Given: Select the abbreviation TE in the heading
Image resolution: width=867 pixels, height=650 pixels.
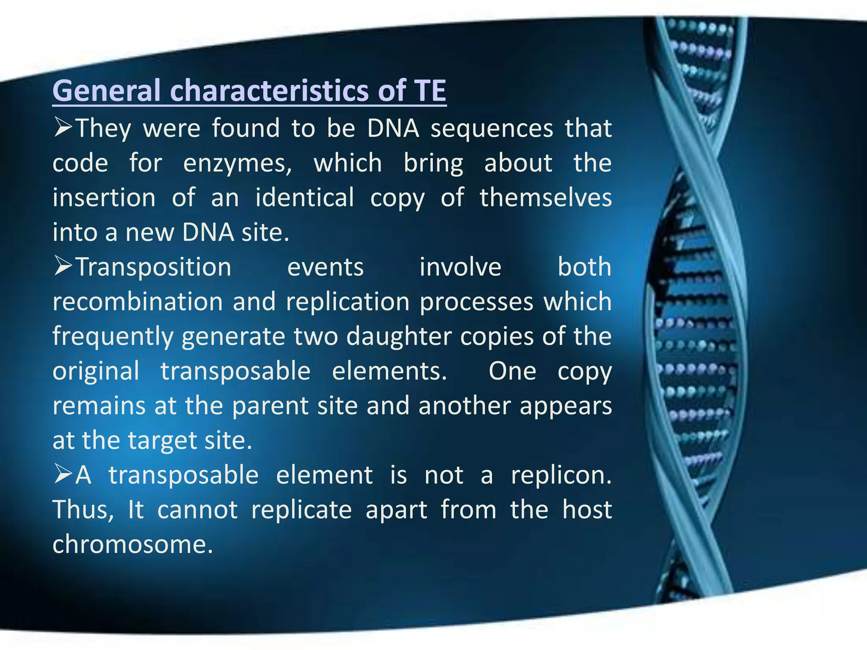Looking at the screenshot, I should coord(430,91).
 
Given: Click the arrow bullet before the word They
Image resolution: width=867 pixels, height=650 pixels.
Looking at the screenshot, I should coord(64,127).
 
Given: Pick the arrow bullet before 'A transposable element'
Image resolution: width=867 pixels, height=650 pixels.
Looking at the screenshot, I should coord(64,474).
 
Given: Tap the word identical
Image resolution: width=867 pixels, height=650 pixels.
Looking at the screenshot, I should coord(304,198).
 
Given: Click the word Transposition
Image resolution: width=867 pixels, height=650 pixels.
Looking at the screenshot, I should coord(153,267).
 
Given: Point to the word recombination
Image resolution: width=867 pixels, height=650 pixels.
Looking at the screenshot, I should coord(138,302).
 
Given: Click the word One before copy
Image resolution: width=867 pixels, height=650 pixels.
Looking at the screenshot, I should coord(512,371).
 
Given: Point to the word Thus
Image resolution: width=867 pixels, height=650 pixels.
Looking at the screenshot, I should coord(83,510).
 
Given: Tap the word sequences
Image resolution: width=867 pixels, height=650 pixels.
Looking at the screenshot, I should coord(491,128).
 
